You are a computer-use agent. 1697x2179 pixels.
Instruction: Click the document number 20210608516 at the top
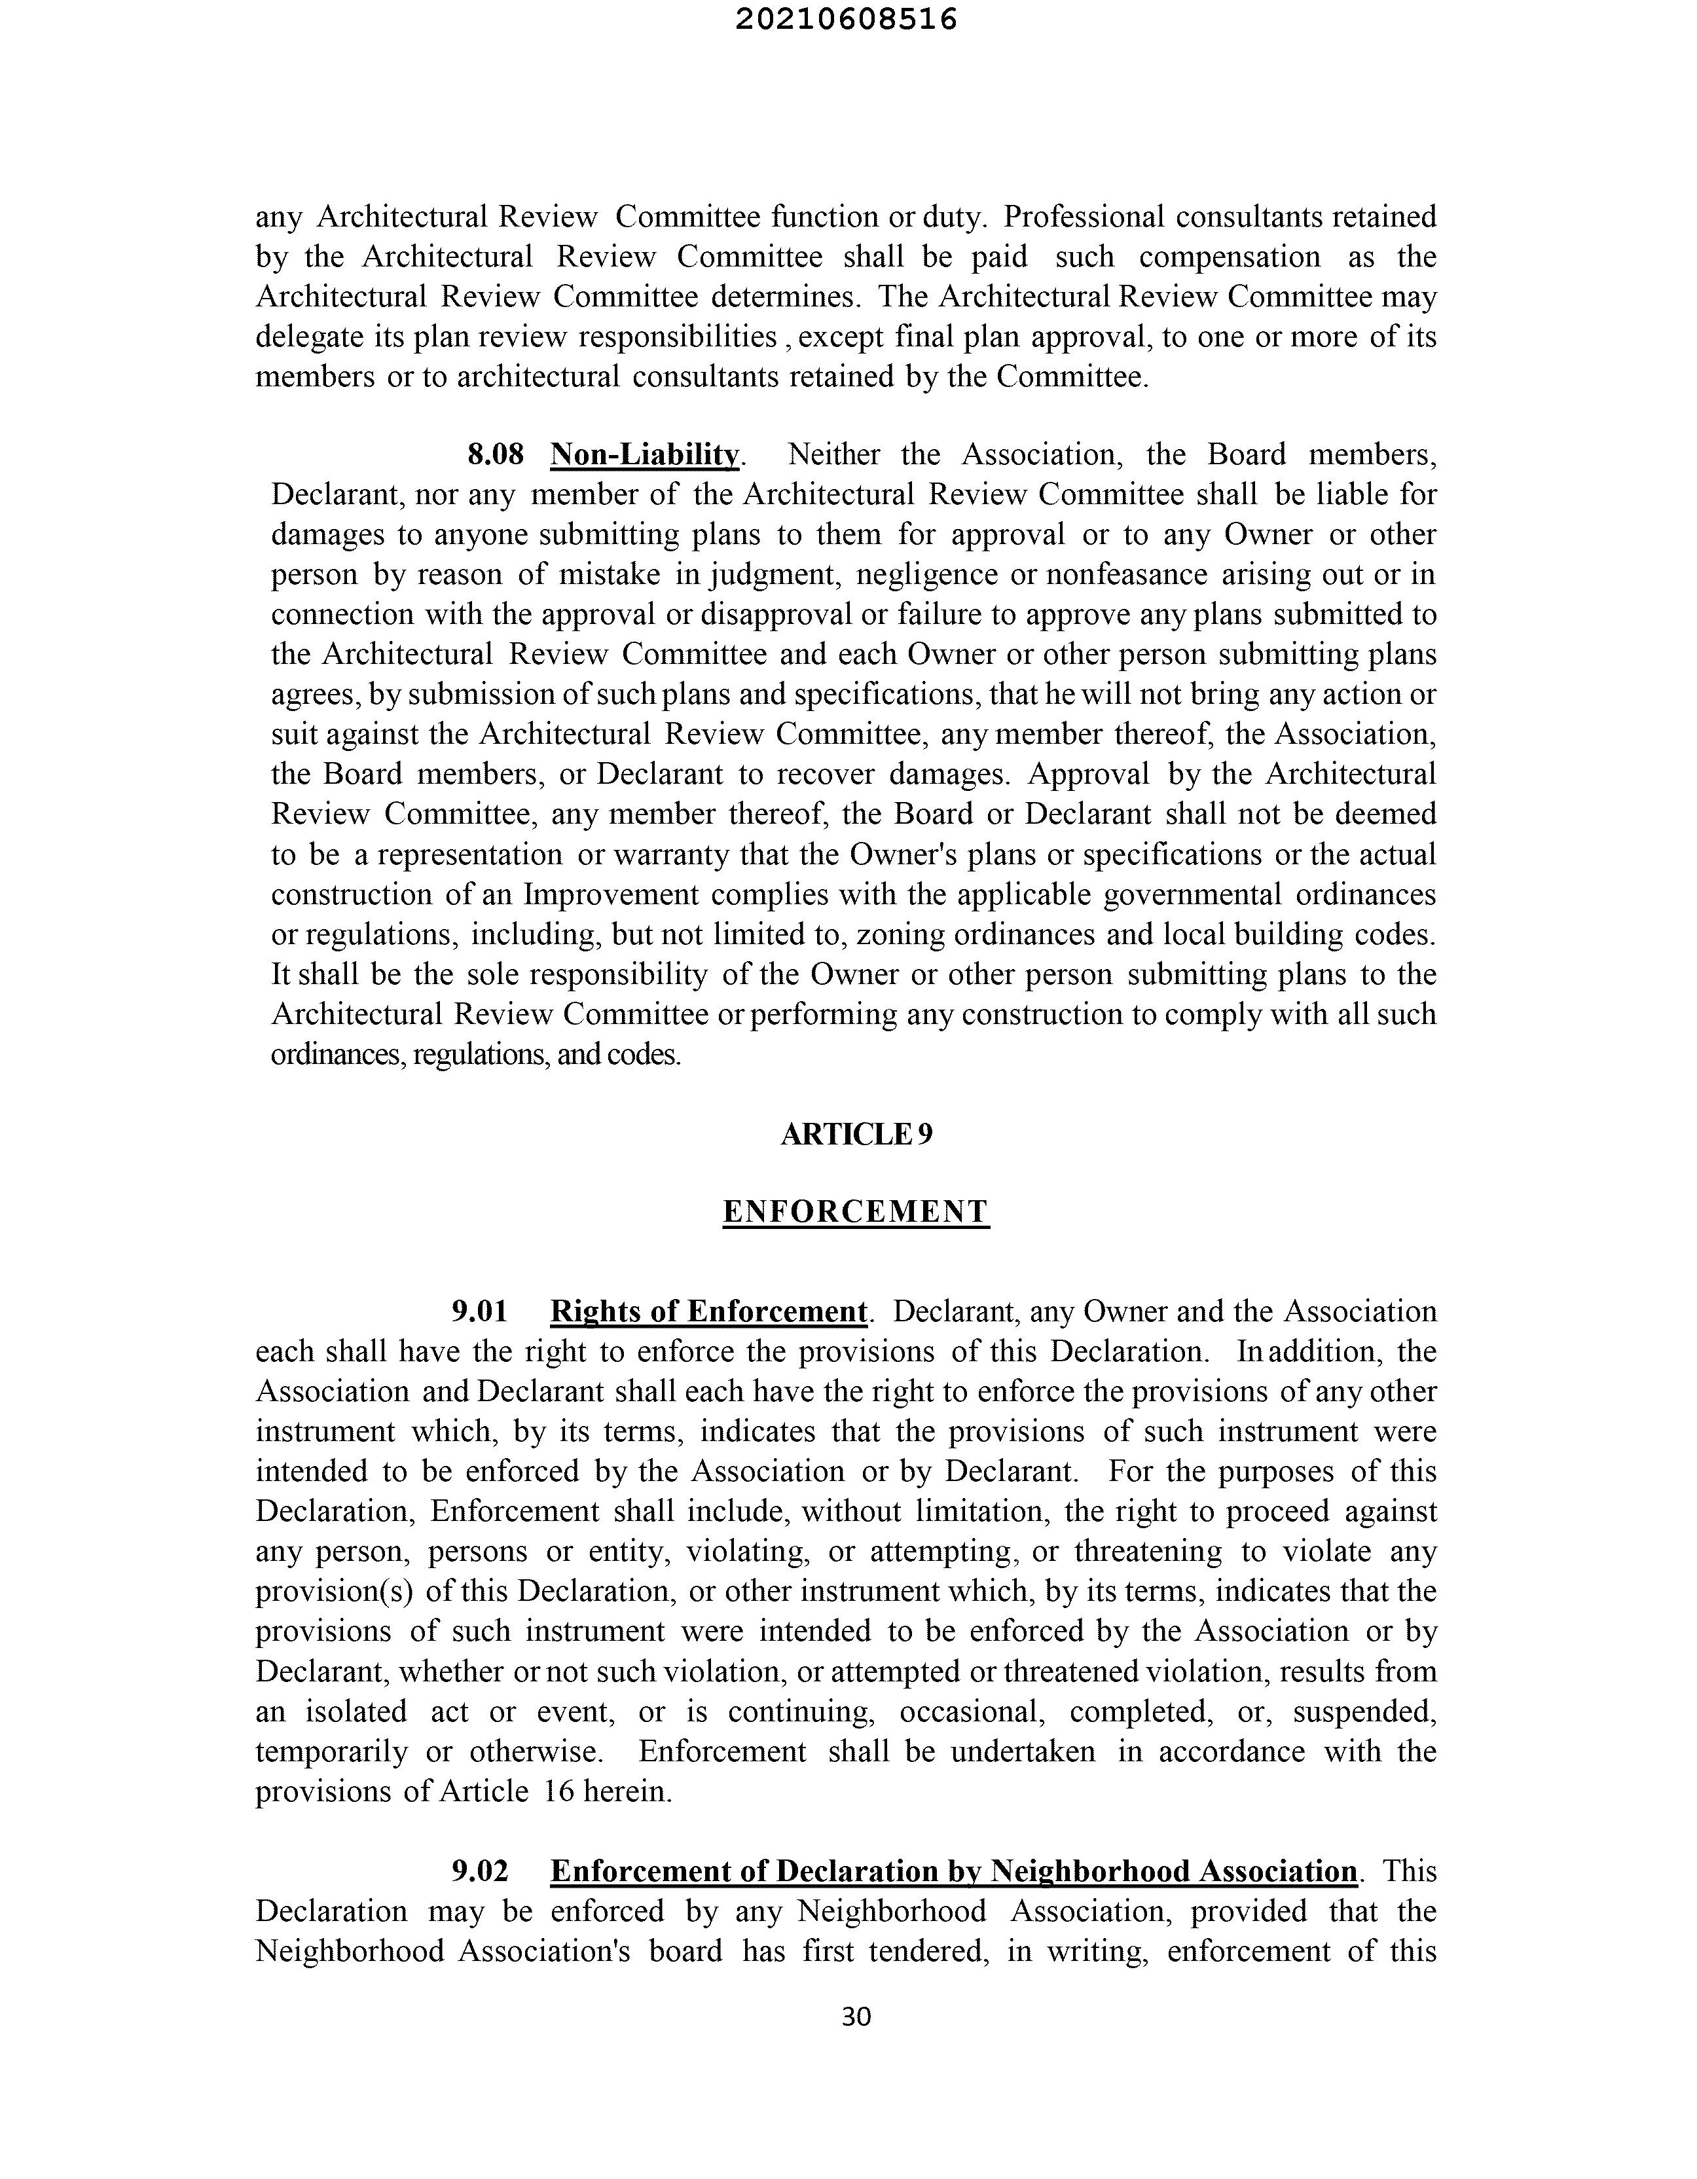[x=846, y=20]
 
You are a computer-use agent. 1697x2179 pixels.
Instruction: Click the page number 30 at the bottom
[x=856, y=2017]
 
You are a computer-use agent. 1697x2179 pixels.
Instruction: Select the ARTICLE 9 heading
[x=856, y=1135]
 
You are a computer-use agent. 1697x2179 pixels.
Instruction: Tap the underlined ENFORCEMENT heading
[x=856, y=1212]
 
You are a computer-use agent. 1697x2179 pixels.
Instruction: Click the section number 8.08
[x=495, y=455]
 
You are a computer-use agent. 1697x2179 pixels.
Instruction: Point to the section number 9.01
[x=480, y=1311]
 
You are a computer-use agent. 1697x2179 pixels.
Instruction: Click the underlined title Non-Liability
[x=644, y=455]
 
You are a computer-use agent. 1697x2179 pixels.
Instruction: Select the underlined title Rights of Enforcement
[x=708, y=1311]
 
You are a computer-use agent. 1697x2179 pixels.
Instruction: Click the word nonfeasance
[x=1130, y=575]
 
